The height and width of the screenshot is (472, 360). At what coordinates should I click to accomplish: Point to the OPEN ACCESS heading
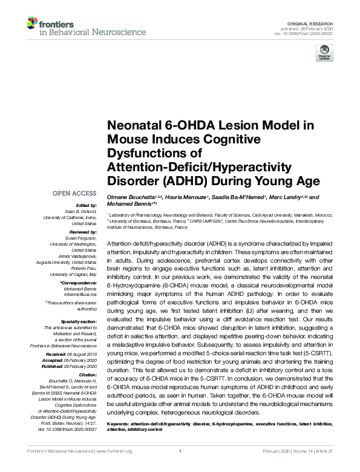(x=74, y=194)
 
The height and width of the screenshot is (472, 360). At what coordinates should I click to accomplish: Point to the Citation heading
(x=87, y=375)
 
